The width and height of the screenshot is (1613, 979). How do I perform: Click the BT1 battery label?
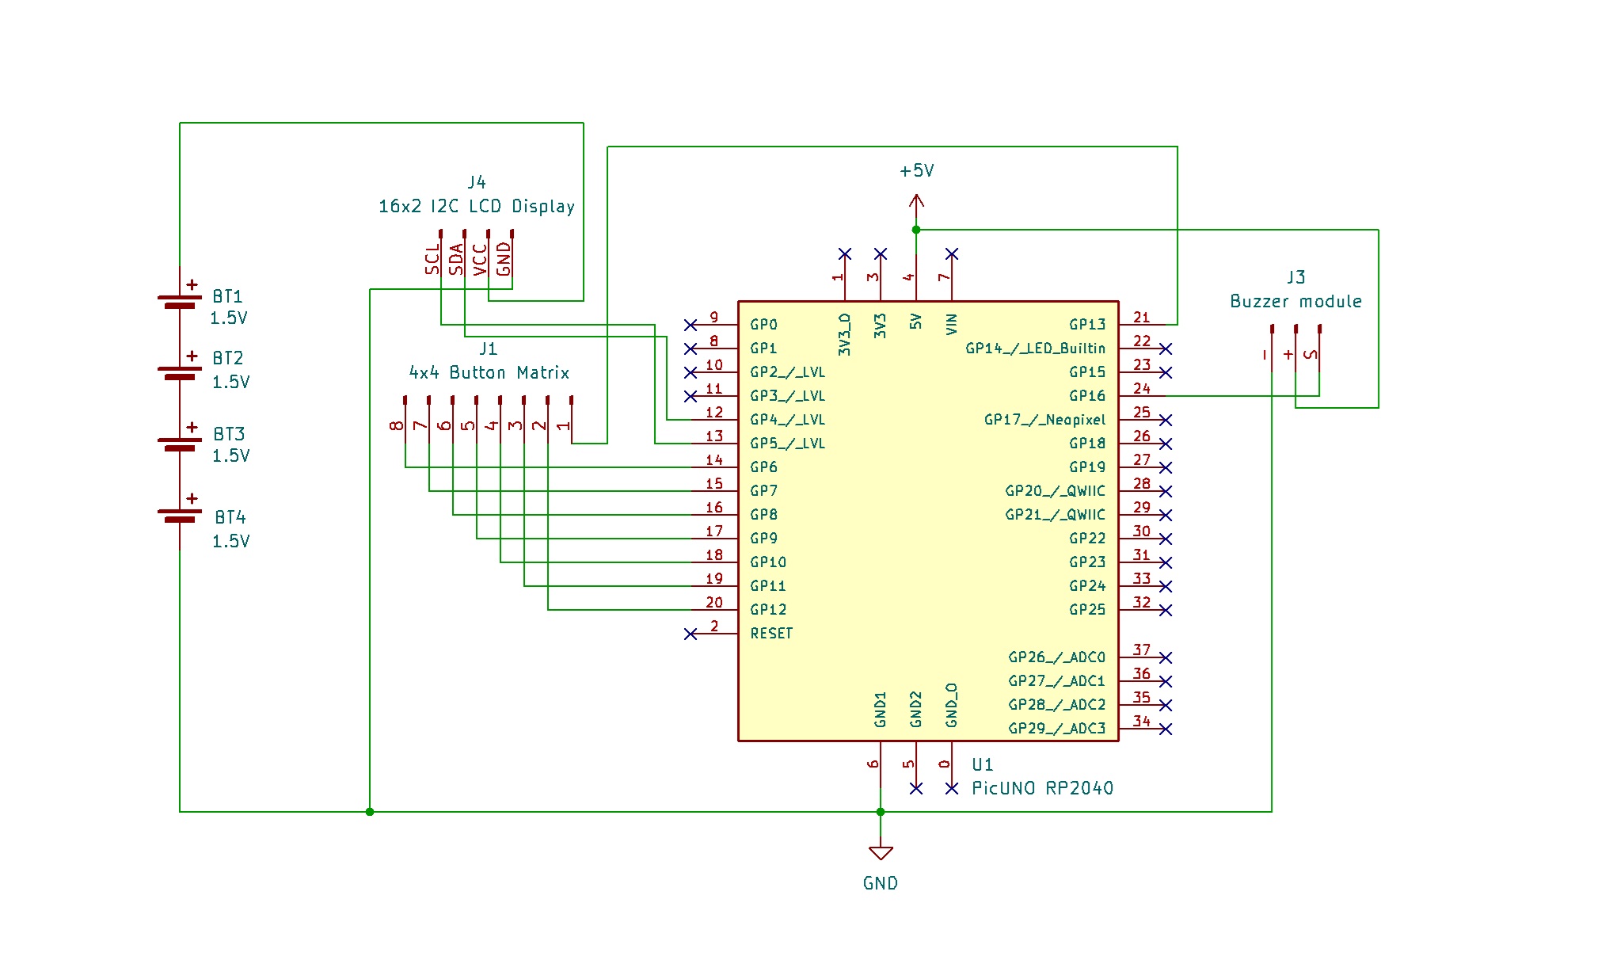click(x=227, y=296)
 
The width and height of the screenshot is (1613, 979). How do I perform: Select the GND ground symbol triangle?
click(x=881, y=853)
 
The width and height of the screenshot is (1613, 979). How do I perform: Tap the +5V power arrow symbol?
click(x=916, y=201)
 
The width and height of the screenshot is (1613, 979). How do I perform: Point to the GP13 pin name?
click(x=1087, y=325)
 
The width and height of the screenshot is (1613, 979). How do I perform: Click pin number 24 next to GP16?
click(x=1141, y=389)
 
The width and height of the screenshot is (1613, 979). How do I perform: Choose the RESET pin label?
click(x=771, y=634)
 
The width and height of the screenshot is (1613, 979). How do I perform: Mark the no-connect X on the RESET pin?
click(x=690, y=634)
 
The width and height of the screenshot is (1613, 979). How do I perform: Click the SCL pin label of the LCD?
click(x=432, y=259)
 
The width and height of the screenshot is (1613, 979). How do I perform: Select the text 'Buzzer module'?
click(x=1295, y=302)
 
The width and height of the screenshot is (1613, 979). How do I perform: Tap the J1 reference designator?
click(x=488, y=349)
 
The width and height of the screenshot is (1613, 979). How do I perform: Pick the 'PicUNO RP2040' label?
click(x=1042, y=788)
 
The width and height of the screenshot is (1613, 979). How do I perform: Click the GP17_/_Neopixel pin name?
click(x=1044, y=420)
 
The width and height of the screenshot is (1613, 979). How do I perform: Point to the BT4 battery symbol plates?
click(x=180, y=516)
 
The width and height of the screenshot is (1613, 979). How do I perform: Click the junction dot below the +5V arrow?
click(x=916, y=230)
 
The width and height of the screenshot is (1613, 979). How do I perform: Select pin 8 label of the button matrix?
click(x=397, y=425)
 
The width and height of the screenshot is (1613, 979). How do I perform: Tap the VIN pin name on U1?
click(x=952, y=324)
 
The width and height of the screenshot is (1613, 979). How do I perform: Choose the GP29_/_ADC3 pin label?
click(x=1056, y=729)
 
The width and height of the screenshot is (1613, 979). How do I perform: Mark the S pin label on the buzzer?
click(x=1311, y=354)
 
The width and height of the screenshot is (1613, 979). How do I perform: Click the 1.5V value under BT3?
click(x=230, y=456)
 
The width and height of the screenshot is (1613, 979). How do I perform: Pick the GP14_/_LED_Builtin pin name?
click(x=1035, y=349)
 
